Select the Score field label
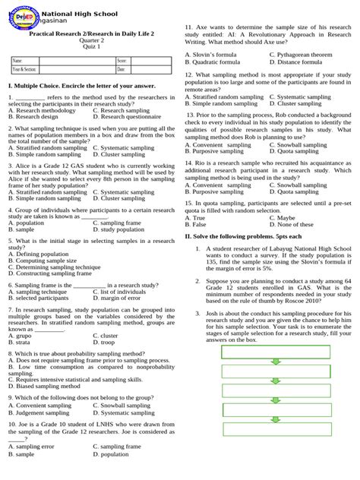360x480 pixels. click(122, 59)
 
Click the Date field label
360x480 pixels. click(121, 69)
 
